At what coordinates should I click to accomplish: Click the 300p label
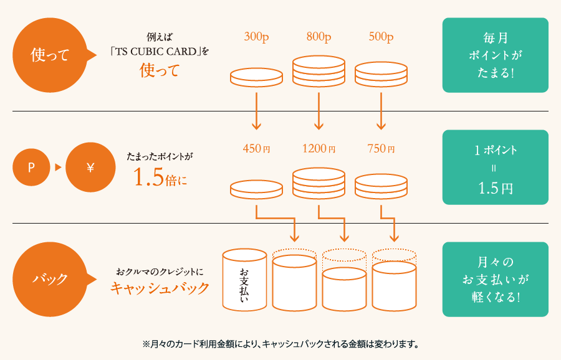256,37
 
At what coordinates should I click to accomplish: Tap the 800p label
319,37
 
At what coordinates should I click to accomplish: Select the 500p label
381,37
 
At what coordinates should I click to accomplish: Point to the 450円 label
256,149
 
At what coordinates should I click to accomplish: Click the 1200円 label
319,149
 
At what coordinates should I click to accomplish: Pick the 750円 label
381,149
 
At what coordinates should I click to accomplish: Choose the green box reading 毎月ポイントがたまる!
495,55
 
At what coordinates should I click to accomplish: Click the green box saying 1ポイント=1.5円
495,167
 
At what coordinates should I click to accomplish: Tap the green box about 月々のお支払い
495,278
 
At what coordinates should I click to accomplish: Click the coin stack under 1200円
319,184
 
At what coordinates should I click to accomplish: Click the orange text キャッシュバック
159,288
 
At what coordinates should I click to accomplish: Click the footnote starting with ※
280,343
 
